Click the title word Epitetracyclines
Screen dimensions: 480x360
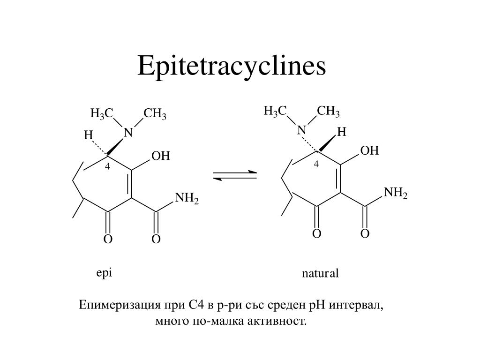click(231, 66)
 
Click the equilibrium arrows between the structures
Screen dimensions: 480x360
click(235, 176)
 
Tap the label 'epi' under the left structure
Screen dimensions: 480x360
click(104, 273)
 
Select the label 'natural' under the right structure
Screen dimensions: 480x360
click(320, 273)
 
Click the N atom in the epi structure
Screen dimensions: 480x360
click(128, 134)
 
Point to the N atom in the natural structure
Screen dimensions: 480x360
click(301, 130)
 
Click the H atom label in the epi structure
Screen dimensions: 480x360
click(88, 135)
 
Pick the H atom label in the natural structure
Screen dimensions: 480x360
click(342, 132)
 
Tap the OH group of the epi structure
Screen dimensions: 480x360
click(160, 156)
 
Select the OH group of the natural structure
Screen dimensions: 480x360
click(369, 151)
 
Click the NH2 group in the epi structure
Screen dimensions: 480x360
click(187, 199)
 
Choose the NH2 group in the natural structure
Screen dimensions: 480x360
click(396, 193)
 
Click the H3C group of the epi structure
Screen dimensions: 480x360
click(102, 114)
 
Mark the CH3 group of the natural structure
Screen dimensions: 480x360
click(328, 112)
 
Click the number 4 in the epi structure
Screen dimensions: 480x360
click(107, 167)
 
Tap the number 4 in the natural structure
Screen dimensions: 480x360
click(316, 164)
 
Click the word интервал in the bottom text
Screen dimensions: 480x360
click(356, 306)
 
